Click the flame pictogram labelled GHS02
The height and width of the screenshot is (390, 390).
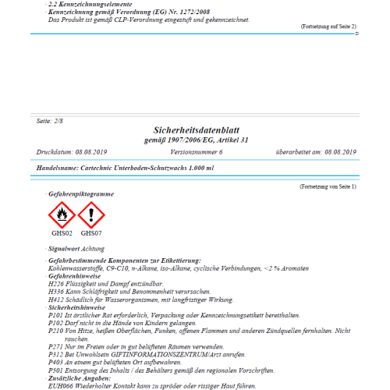63,213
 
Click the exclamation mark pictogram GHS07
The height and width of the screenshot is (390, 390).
91,213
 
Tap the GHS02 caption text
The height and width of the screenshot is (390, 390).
63,232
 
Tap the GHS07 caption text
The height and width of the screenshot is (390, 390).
91,232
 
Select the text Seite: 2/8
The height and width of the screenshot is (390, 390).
51,122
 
